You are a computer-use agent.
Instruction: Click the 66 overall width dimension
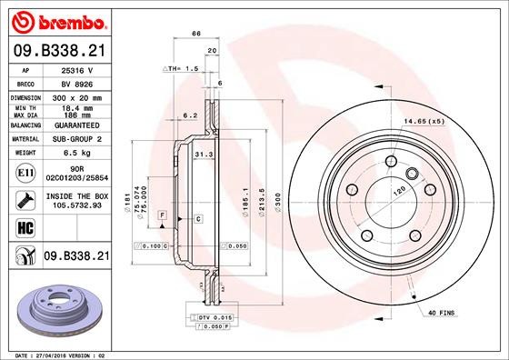click(195, 34)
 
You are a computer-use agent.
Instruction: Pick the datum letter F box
click(161, 214)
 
